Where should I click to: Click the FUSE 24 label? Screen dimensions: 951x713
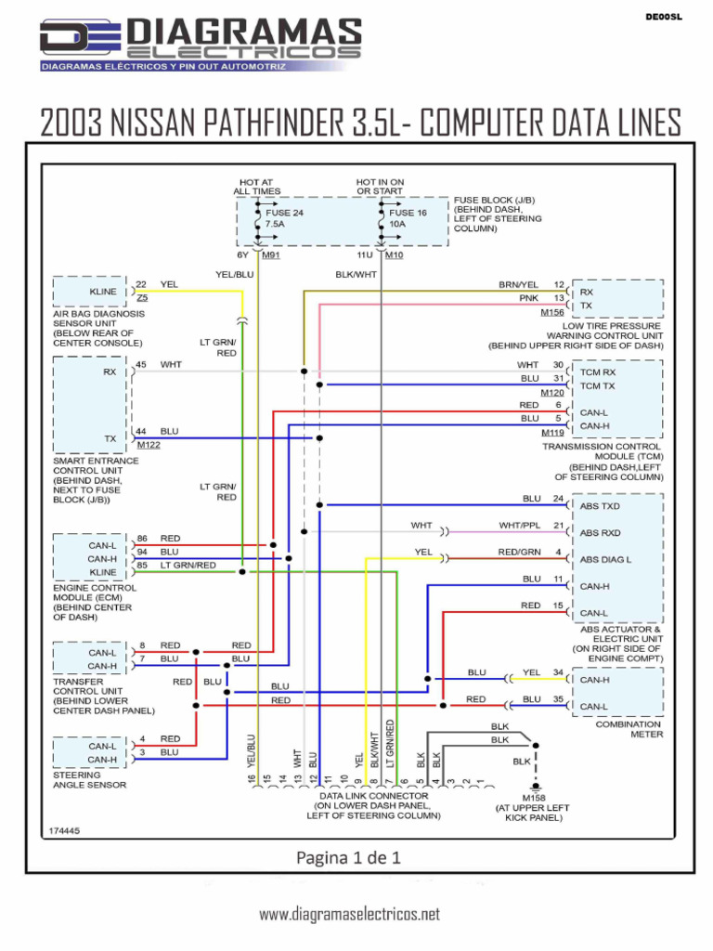pyautogui.click(x=284, y=213)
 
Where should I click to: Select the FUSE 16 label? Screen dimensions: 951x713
pyautogui.click(x=408, y=213)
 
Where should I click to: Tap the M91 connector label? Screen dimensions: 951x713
pyautogui.click(x=271, y=254)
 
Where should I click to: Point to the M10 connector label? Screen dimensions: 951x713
pyautogui.click(x=394, y=254)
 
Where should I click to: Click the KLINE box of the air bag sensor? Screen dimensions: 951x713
pyautogui.click(x=102, y=292)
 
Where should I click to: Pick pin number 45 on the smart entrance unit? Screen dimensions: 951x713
pyautogui.click(x=141, y=364)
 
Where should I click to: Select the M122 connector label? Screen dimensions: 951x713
pyautogui.click(x=149, y=445)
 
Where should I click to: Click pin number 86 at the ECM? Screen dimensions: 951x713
pyautogui.click(x=141, y=539)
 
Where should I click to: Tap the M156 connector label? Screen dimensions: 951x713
pyautogui.click(x=552, y=313)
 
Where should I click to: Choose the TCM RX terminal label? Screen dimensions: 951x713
pyautogui.click(x=598, y=372)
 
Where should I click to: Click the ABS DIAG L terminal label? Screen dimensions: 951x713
pyautogui.click(x=605, y=559)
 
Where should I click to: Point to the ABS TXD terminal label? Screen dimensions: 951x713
pyautogui.click(x=600, y=506)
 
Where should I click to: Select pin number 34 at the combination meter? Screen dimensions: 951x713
pyautogui.click(x=558, y=672)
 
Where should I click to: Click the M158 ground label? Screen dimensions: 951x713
pyautogui.click(x=534, y=798)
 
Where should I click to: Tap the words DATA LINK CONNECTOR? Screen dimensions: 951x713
pyautogui.click(x=374, y=796)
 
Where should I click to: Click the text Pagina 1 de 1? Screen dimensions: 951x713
pyautogui.click(x=348, y=857)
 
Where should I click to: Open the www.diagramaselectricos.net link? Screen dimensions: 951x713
pyautogui.click(x=349, y=915)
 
